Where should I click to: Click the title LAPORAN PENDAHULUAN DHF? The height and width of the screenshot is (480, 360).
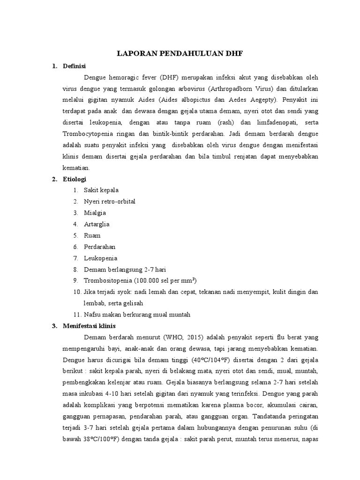click(180, 54)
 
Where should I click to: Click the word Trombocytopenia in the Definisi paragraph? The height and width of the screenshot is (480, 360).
click(88, 133)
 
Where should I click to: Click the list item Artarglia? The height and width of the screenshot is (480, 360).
click(97, 224)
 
